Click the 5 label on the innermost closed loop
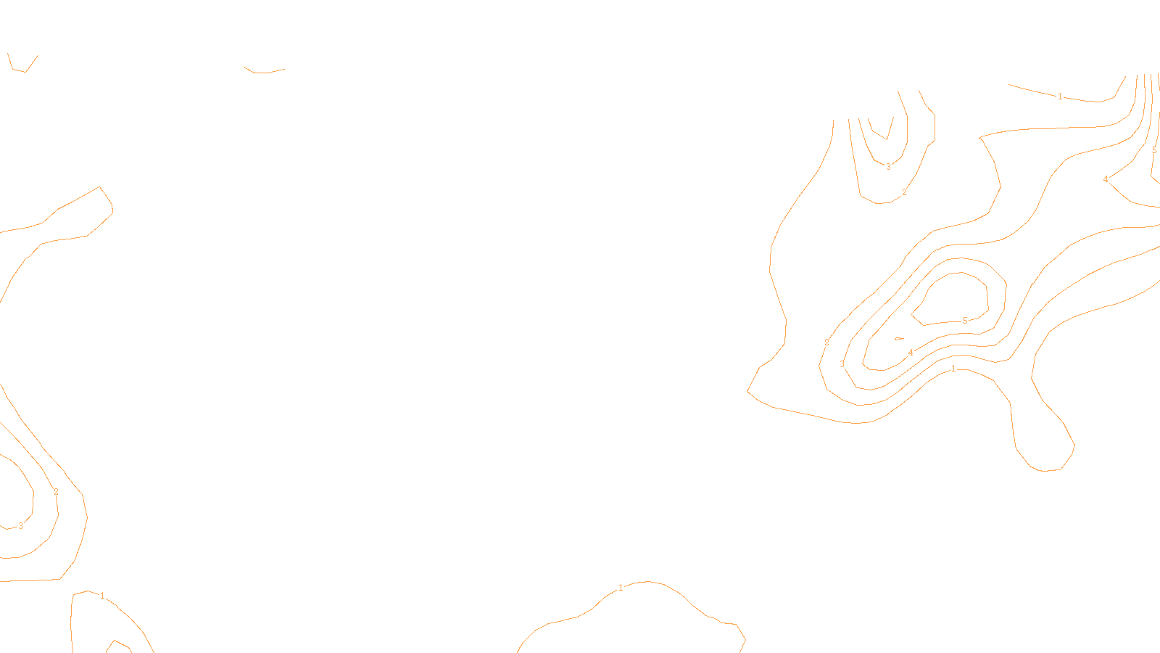[x=965, y=321]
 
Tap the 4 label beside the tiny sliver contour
[x=911, y=353]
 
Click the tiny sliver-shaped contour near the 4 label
[x=900, y=338]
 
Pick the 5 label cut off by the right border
[x=1154, y=150]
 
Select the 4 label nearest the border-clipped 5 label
[x=1106, y=179]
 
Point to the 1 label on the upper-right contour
[x=1060, y=96]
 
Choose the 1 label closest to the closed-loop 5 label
[x=953, y=369]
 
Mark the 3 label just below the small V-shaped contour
[x=888, y=167]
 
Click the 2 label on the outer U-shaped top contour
[x=904, y=192]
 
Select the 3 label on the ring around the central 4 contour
[x=842, y=364]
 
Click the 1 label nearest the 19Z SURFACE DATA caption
[x=621, y=588]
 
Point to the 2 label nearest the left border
[x=56, y=492]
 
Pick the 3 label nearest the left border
[x=20, y=526]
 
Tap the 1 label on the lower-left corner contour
[x=102, y=596]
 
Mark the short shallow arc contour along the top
[x=264, y=72]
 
